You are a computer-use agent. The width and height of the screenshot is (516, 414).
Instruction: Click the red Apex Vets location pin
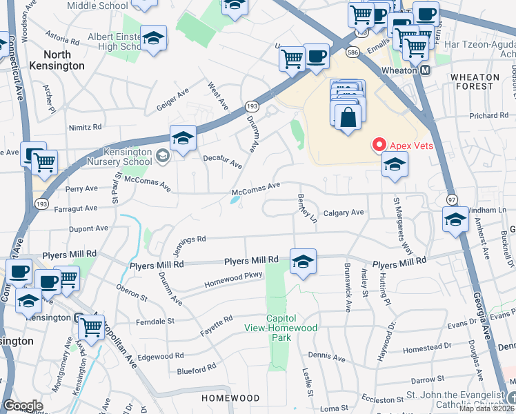click(379, 145)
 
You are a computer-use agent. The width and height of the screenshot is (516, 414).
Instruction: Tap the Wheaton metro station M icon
click(426, 70)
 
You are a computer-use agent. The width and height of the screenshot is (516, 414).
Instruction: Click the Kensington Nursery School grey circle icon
click(161, 155)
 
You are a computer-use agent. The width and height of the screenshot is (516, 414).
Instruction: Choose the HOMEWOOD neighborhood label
click(230, 398)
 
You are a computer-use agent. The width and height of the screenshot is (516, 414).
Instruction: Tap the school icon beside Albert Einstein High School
click(153, 39)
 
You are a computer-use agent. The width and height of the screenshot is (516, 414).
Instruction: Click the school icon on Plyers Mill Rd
click(303, 262)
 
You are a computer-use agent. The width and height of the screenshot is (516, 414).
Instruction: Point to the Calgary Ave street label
click(344, 213)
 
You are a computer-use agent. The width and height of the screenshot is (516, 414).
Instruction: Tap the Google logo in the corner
click(23, 405)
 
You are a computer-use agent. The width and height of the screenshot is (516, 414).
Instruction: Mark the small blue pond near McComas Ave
click(236, 200)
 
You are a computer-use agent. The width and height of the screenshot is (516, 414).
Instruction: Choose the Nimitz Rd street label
click(85, 127)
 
